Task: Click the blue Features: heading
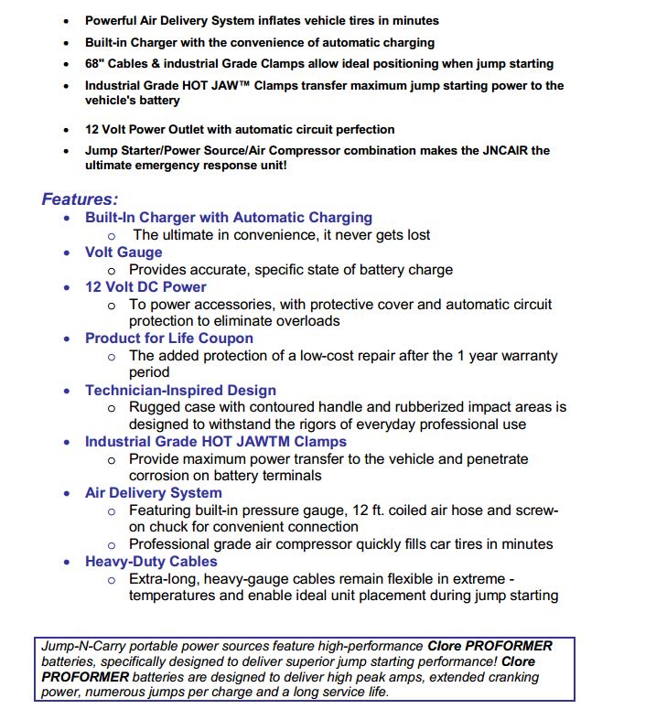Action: (80, 199)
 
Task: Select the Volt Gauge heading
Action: (124, 252)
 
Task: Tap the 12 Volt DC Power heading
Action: (145, 286)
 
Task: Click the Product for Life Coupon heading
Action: (169, 338)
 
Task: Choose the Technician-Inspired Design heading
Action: (180, 390)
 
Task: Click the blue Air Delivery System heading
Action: (153, 492)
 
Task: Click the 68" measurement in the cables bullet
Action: (95, 64)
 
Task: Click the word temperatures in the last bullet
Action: (178, 596)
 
